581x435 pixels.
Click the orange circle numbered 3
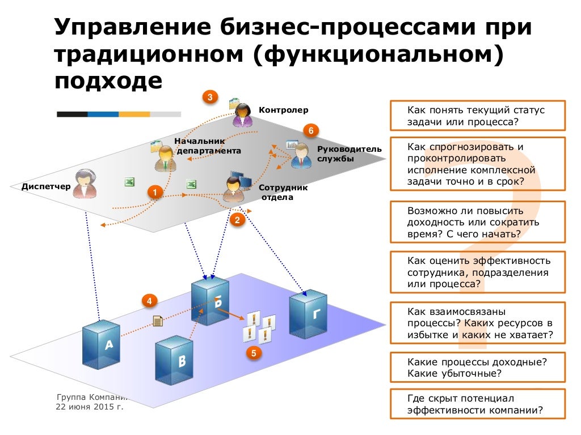tap(210, 97)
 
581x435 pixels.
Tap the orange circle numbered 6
tap(310, 131)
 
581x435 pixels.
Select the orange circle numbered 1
tap(154, 193)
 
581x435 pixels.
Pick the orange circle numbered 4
tap(149, 301)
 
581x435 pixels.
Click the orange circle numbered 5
tap(254, 353)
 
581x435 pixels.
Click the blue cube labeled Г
tap(308, 313)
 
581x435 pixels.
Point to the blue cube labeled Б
tap(210, 301)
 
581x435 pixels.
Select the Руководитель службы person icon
tap(301, 155)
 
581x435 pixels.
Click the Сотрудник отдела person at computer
tap(234, 187)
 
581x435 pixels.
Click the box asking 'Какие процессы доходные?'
tap(477, 367)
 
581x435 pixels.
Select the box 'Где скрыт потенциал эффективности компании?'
tap(477, 404)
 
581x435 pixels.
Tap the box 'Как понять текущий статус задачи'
tap(477, 116)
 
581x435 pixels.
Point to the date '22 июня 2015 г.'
tap(89, 407)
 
